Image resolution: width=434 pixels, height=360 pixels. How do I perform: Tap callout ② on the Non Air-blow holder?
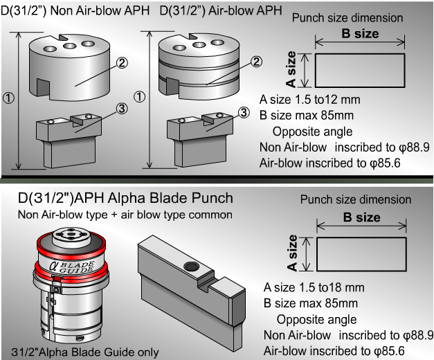pos(121,62)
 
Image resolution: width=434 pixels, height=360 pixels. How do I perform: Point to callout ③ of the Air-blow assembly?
pos(243,112)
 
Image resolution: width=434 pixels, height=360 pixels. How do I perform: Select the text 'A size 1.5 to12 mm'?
pos(309,100)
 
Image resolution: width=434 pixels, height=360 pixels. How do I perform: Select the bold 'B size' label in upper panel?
pos(360,33)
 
